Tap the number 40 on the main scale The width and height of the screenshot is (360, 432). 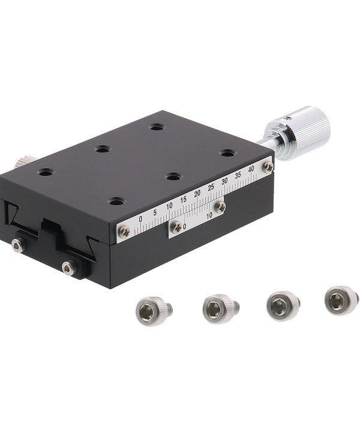pyautogui.click(x=251, y=169)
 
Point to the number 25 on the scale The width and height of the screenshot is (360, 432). pyautogui.click(x=211, y=187)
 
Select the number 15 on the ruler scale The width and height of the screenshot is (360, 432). pyautogui.click(x=184, y=199)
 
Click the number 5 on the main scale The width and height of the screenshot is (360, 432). pyautogui.click(x=155, y=212)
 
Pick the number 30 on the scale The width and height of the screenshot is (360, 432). pyautogui.click(x=225, y=181)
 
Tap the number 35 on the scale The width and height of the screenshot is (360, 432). pyautogui.click(x=238, y=175)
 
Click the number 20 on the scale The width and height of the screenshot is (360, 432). pyautogui.click(x=197, y=193)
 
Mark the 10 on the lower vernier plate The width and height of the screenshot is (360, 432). pyautogui.click(x=209, y=215)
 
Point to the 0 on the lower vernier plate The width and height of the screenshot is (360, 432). pyautogui.click(x=185, y=226)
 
